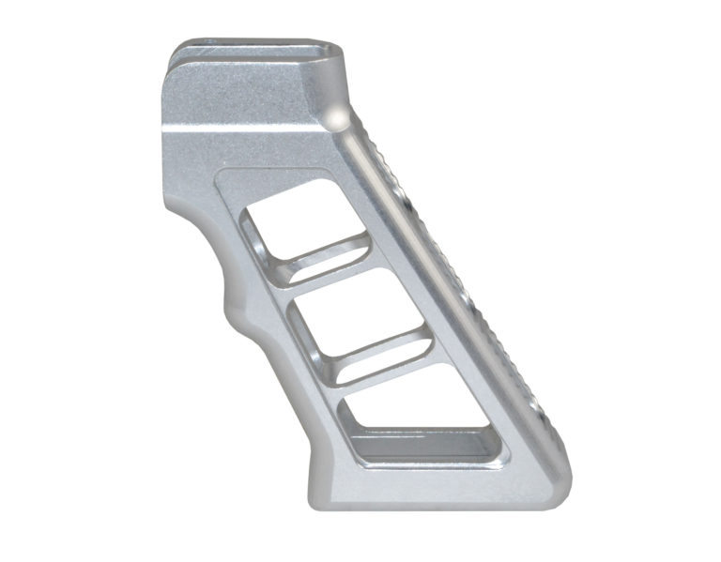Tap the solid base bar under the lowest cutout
point(432,483)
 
